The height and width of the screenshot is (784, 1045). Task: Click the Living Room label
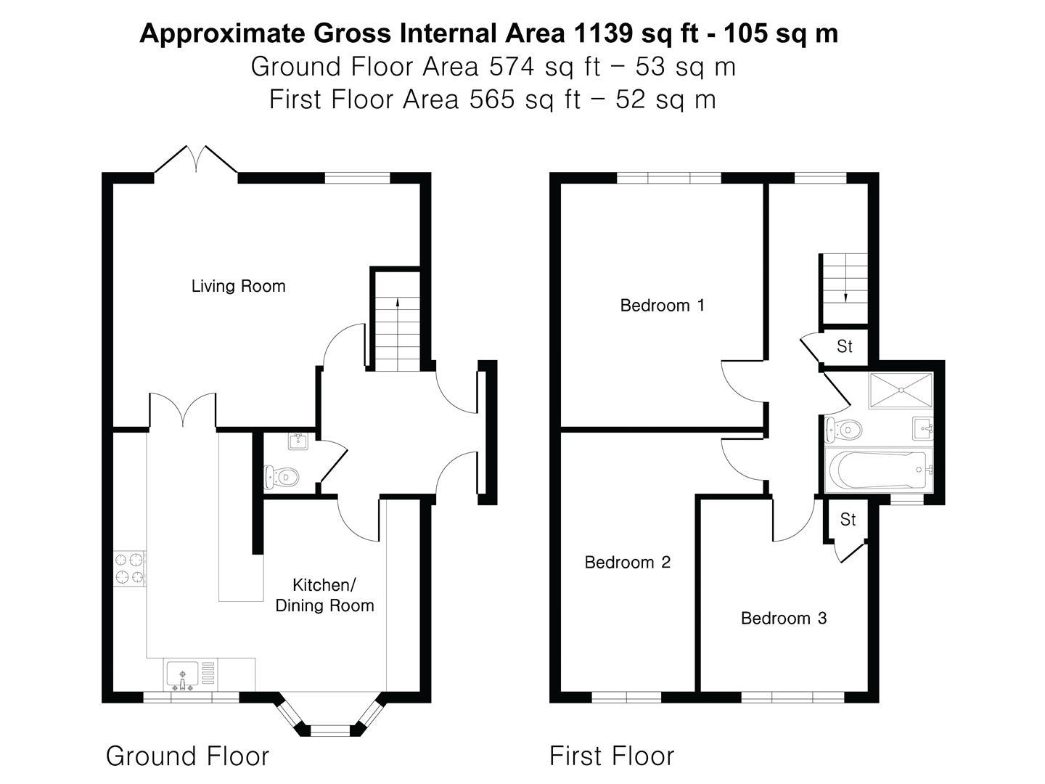(x=238, y=286)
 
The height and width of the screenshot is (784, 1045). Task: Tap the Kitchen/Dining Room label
(x=324, y=595)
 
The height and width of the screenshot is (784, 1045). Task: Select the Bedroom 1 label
(x=662, y=305)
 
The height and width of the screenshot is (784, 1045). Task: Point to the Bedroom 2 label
(x=627, y=562)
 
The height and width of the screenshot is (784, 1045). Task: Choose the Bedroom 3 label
(x=783, y=618)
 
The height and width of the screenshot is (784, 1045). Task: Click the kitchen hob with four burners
(x=130, y=568)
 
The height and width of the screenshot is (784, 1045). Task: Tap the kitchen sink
(x=181, y=675)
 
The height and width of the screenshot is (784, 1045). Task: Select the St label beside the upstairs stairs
(x=844, y=346)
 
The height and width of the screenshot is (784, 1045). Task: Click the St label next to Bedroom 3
(x=848, y=519)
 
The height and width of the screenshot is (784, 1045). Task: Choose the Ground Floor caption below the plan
(x=187, y=756)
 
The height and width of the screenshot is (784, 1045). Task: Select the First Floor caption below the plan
(x=611, y=756)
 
